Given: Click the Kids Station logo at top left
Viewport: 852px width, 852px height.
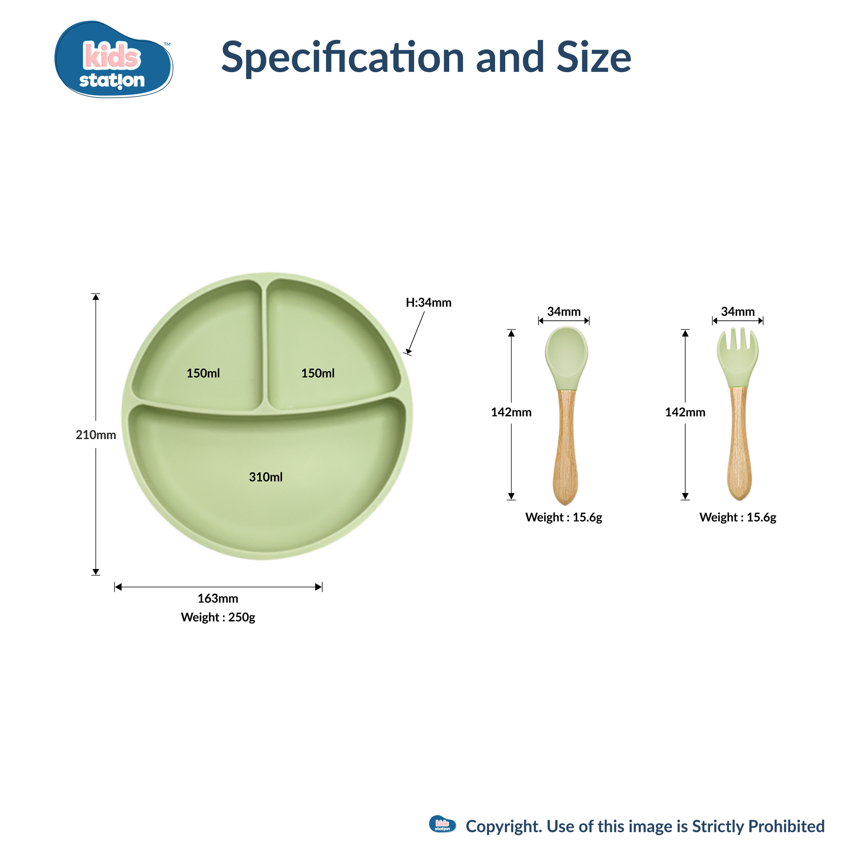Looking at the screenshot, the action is click(x=114, y=59).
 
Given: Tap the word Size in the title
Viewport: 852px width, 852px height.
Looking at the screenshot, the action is click(x=594, y=57).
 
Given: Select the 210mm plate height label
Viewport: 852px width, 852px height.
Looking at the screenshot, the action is click(x=96, y=435).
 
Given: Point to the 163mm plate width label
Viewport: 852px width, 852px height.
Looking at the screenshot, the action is click(x=218, y=599).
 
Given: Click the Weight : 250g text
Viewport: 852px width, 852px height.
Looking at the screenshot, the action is click(x=218, y=617).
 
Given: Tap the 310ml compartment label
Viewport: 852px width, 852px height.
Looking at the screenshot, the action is click(x=265, y=477).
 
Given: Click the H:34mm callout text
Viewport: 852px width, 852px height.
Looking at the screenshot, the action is click(x=429, y=303).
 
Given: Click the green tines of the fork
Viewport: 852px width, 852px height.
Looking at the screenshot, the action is click(x=737, y=357).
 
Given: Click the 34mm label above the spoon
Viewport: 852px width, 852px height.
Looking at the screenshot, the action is click(x=563, y=311).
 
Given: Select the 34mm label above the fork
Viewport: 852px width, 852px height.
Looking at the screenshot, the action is click(x=738, y=311).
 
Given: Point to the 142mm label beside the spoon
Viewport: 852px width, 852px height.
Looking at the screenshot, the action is click(x=511, y=412).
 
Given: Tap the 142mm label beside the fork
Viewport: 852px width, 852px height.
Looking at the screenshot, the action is click(x=685, y=412).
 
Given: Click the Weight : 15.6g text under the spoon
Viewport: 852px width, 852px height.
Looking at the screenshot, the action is click(x=563, y=518).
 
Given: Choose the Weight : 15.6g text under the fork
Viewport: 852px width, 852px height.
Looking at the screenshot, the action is click(x=738, y=518).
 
